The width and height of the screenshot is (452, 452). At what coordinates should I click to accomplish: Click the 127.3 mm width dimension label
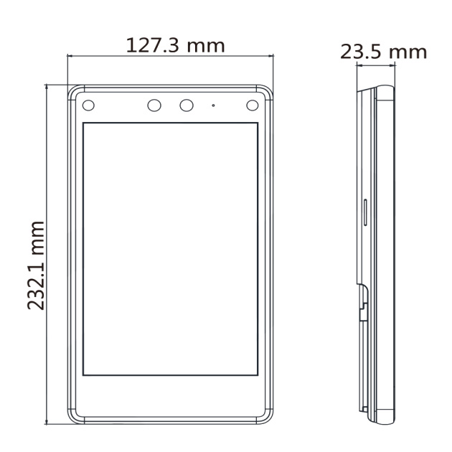click(x=175, y=45)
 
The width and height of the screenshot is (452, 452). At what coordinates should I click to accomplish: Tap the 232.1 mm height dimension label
click(x=36, y=265)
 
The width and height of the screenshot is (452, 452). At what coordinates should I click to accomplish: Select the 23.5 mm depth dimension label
click(x=383, y=52)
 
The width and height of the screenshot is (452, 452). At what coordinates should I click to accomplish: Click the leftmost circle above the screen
click(x=88, y=105)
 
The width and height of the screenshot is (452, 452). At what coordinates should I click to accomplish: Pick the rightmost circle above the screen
click(x=253, y=105)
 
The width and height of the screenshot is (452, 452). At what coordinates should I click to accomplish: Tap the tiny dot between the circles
click(x=213, y=105)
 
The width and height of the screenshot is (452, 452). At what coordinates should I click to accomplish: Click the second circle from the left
click(x=154, y=105)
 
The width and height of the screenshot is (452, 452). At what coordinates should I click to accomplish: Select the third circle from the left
click(x=187, y=105)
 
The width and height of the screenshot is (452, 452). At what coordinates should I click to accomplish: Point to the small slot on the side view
click(x=365, y=212)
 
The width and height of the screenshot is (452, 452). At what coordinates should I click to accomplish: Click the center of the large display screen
click(x=170, y=249)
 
